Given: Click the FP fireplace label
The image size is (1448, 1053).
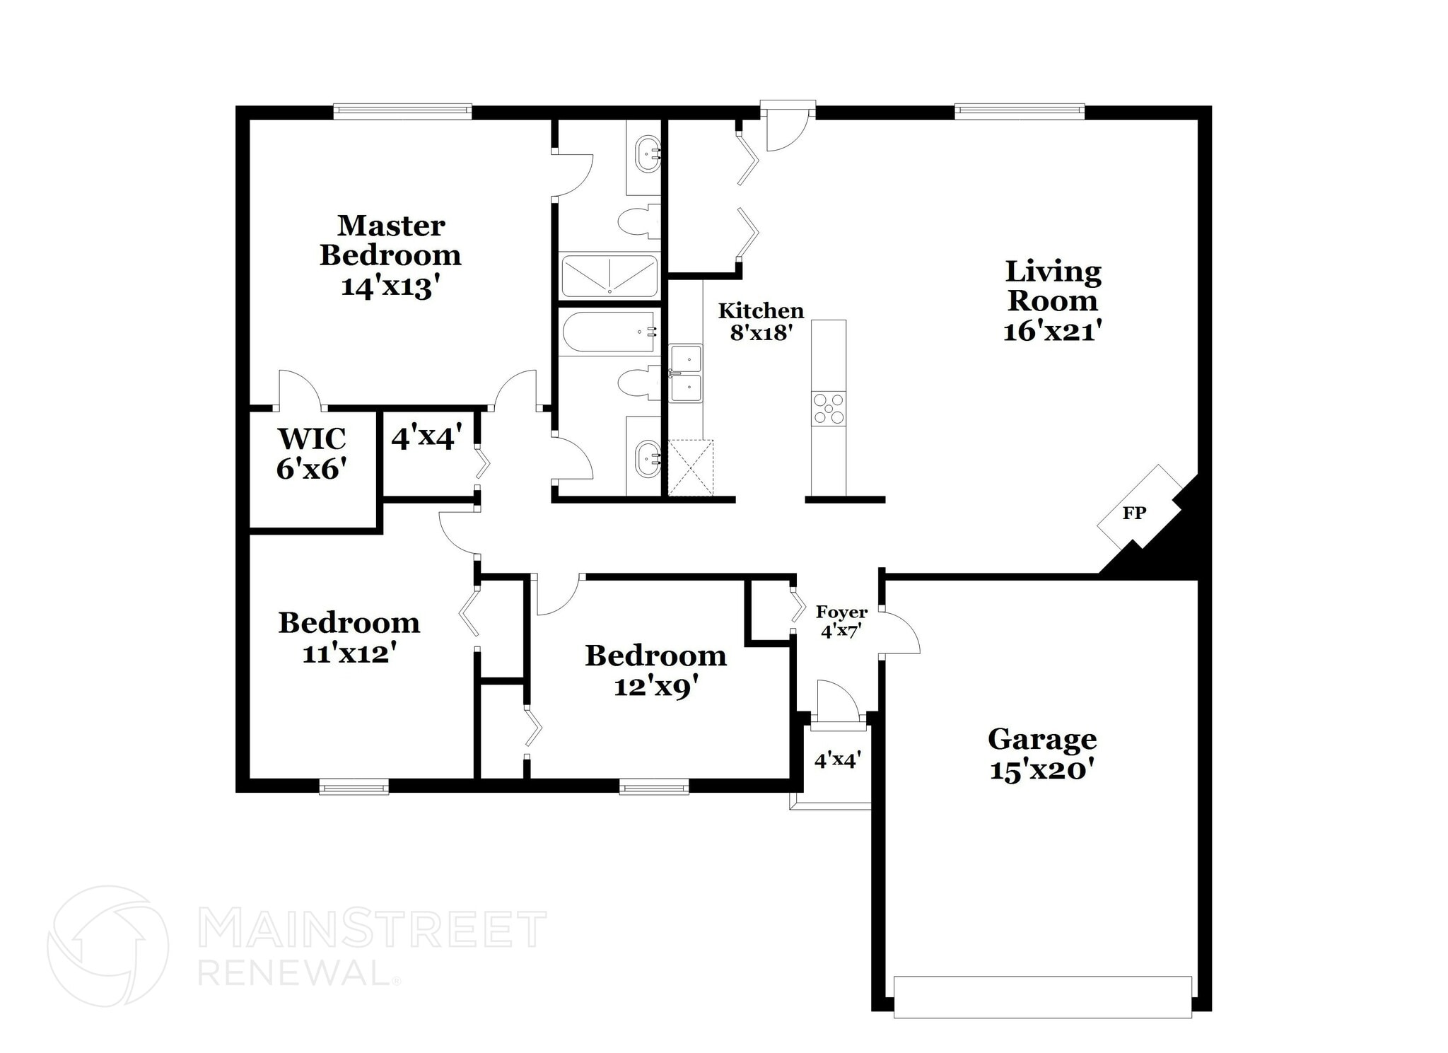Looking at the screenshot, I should tap(1133, 513).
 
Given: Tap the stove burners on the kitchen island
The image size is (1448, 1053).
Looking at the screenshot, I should tap(828, 408).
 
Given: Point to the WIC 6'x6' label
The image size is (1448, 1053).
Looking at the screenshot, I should tap(311, 453).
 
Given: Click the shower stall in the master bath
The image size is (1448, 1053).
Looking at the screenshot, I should tap(609, 276).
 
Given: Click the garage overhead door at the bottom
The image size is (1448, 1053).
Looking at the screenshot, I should tap(1042, 996).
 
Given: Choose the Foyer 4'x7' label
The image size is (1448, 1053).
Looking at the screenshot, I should tap(841, 621).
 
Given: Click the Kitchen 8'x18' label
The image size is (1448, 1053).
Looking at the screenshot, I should tap(761, 321).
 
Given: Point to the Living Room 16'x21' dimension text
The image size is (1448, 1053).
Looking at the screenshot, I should tap(1052, 331).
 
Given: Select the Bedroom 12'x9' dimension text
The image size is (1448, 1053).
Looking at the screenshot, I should tap(655, 686).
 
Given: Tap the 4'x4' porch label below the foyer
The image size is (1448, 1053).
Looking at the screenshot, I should tap(837, 760).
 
